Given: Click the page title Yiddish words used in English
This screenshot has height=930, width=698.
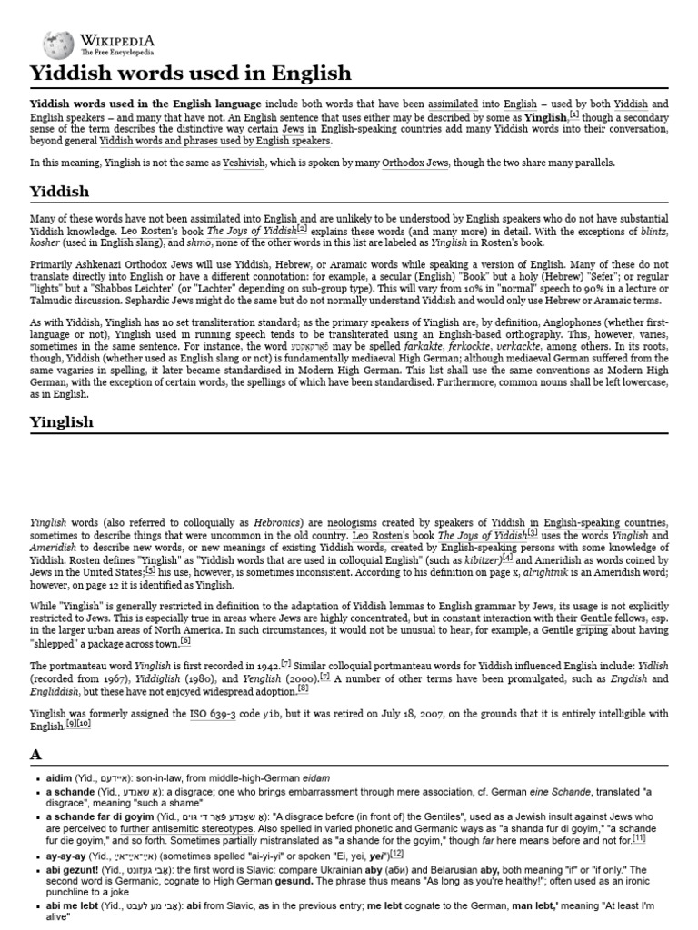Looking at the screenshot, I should [190, 73].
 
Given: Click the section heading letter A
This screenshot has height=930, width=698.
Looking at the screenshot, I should [36, 754].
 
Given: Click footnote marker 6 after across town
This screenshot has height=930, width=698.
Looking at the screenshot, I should [185, 640].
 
